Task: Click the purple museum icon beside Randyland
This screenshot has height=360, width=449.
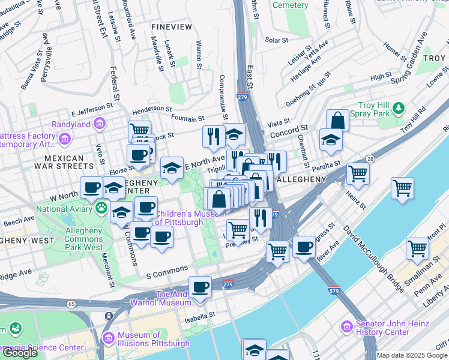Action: click(x=100, y=124)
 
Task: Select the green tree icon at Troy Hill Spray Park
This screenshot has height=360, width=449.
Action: click(x=397, y=109)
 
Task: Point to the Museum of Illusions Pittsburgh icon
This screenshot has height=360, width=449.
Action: click(x=108, y=338)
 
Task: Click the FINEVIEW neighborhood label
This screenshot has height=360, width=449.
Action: click(x=172, y=27)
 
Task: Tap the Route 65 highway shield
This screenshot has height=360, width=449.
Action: click(x=71, y=305)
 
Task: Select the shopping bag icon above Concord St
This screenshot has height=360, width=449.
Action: click(x=337, y=120)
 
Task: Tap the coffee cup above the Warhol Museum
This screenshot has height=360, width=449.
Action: click(x=200, y=287)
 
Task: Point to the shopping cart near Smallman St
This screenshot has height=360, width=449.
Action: click(x=417, y=248)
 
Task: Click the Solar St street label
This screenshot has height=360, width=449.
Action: click(x=277, y=40)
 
